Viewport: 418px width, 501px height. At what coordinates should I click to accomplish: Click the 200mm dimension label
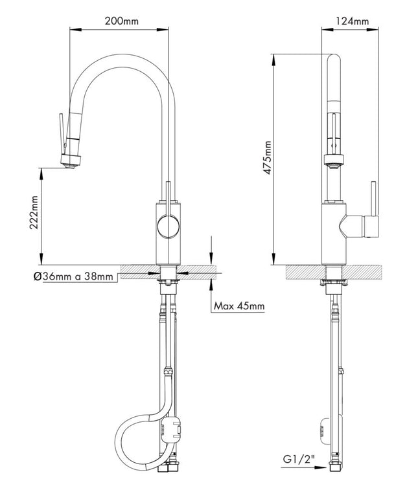(121, 21)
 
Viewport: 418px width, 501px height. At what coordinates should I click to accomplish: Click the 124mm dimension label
(353, 21)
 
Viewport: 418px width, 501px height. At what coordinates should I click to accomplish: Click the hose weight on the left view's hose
(175, 427)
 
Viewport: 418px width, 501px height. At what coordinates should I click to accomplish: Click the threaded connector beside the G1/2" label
(335, 467)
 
